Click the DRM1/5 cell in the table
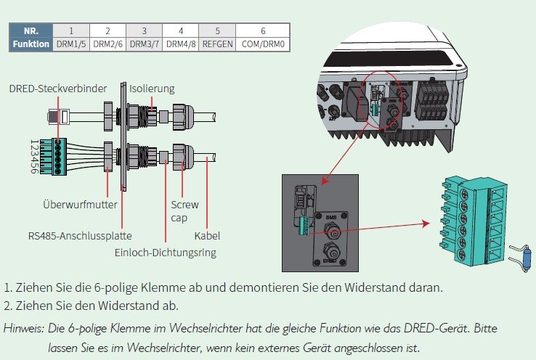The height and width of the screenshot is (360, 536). pyautogui.click(x=71, y=44)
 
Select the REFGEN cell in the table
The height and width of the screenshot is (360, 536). pyautogui.click(x=218, y=44)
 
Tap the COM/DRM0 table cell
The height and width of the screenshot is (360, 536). pyautogui.click(x=262, y=44)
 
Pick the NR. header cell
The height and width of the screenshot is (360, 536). pyautogui.click(x=31, y=30)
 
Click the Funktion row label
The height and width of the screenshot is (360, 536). pyautogui.click(x=31, y=44)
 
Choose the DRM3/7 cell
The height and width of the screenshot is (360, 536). pyautogui.click(x=144, y=44)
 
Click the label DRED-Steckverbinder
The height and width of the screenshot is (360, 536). pyautogui.click(x=58, y=89)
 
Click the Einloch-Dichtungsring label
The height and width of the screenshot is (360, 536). pyautogui.click(x=166, y=253)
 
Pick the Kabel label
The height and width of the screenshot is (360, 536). pyautogui.click(x=207, y=236)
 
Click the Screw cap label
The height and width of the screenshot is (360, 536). pyautogui.click(x=179, y=211)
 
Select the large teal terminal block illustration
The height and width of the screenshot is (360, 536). pyautogui.click(x=475, y=216)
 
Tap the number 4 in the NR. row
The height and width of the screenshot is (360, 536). pyautogui.click(x=181, y=30)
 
